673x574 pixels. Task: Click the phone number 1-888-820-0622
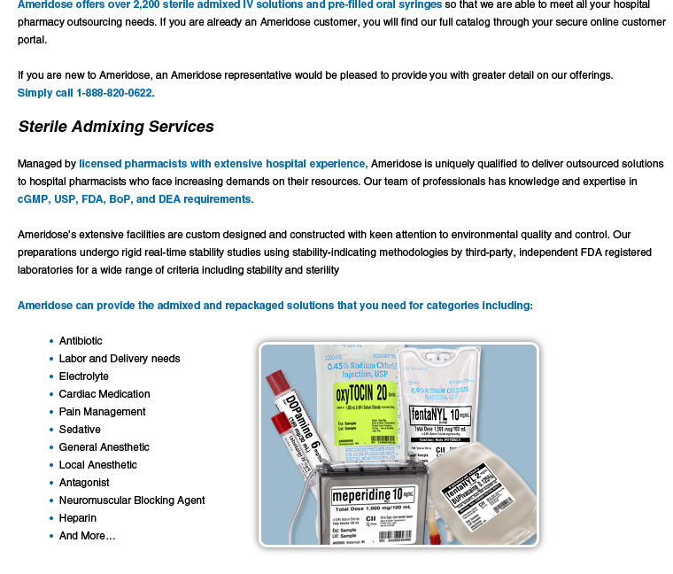(115, 93)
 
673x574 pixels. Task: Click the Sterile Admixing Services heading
(116, 127)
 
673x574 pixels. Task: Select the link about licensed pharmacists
(223, 164)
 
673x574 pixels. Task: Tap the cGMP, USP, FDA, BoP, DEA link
(135, 199)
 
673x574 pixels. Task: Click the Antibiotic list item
(81, 341)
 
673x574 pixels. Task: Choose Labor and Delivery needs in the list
(120, 359)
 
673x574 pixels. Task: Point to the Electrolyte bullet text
(84, 376)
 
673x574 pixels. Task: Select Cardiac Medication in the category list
(104, 394)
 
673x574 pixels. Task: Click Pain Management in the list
(103, 412)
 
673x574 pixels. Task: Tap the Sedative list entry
(80, 430)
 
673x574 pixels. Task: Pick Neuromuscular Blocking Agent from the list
(132, 500)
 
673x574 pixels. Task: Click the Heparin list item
(78, 518)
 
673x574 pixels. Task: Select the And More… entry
(87, 536)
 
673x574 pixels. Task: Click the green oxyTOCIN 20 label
(360, 393)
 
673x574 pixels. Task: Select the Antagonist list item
(84, 483)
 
